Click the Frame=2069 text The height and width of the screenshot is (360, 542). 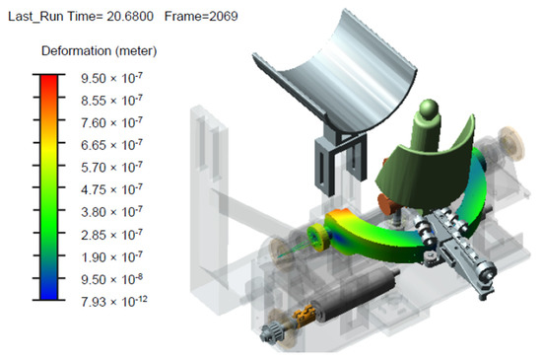tap(201, 16)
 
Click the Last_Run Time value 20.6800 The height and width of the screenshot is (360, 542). tap(130, 16)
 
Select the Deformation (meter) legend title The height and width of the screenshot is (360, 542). tap(100, 51)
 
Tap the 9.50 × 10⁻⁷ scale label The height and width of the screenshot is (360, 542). tap(111, 78)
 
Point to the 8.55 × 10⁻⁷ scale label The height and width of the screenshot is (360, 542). tap(111, 101)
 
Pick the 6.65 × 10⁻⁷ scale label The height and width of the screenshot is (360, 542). tap(111, 145)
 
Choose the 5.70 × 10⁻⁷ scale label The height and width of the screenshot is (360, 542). tap(111, 168)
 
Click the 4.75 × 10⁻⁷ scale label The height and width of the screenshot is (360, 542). tap(111, 189)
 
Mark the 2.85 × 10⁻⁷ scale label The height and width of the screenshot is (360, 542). tap(111, 235)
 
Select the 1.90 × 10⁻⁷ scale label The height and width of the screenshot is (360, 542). tap(111, 257)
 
